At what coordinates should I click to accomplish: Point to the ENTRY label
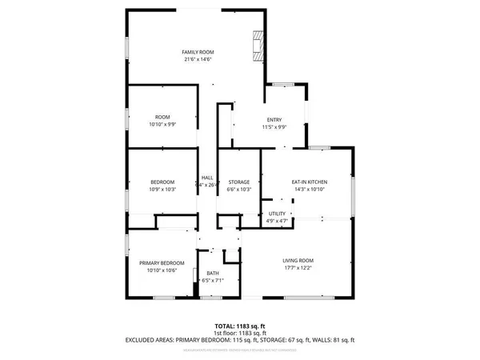[x=274, y=120]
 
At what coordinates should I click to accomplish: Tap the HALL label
[x=207, y=178]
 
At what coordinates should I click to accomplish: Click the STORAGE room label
[x=239, y=182]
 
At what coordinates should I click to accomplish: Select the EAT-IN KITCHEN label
[x=306, y=182]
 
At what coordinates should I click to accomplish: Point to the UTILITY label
[x=277, y=213]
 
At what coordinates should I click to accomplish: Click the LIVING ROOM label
[x=298, y=261]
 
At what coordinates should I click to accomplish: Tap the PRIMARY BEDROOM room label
[x=162, y=263]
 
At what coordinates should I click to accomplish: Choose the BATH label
[x=213, y=273]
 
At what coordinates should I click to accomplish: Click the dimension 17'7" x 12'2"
[x=298, y=269]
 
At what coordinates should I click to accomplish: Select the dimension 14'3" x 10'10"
[x=306, y=190]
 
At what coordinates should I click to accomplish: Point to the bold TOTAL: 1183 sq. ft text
[x=241, y=326]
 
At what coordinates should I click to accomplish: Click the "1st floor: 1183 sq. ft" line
[x=241, y=333]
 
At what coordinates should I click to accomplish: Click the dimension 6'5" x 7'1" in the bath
[x=213, y=281]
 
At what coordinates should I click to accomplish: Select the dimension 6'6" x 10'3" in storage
[x=239, y=190]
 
